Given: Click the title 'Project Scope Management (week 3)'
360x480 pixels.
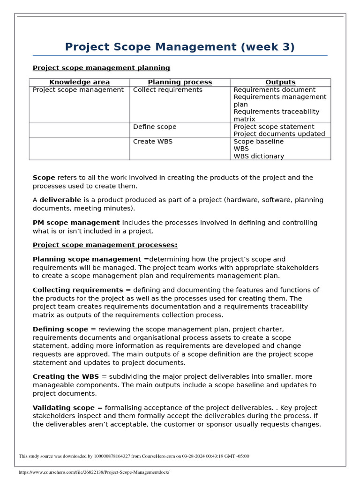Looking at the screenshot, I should click(x=180, y=47).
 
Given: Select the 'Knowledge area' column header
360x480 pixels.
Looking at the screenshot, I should click(x=79, y=82).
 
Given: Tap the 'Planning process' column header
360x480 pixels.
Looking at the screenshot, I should click(x=180, y=82).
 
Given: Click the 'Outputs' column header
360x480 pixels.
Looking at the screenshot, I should click(x=280, y=82).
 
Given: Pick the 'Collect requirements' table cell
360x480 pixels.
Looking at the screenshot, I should click(x=167, y=90).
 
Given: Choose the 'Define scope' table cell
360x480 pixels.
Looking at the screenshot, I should click(x=155, y=127).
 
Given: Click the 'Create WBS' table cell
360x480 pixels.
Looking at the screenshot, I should click(x=152, y=141).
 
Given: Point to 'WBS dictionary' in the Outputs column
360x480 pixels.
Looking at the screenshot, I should click(x=258, y=156).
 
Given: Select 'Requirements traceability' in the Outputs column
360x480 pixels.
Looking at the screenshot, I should click(x=276, y=112).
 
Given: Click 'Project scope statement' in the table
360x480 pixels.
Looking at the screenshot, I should click(x=274, y=127).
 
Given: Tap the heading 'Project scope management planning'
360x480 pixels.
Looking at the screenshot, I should click(x=101, y=68).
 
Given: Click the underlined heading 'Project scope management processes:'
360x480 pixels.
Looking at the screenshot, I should click(x=105, y=245).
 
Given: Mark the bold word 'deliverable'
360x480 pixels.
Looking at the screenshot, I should click(x=60, y=200).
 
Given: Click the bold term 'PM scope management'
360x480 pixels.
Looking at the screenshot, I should click(x=76, y=223).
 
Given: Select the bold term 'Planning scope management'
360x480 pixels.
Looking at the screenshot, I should click(x=87, y=259).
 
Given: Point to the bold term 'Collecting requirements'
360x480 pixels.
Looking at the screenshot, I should click(x=78, y=290).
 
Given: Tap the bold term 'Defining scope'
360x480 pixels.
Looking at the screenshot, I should click(x=60, y=329).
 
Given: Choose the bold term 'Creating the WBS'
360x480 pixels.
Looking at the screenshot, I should click(x=66, y=376).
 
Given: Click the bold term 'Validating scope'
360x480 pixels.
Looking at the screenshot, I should click(x=63, y=408).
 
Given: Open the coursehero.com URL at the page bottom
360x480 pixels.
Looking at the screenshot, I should click(x=94, y=472).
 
